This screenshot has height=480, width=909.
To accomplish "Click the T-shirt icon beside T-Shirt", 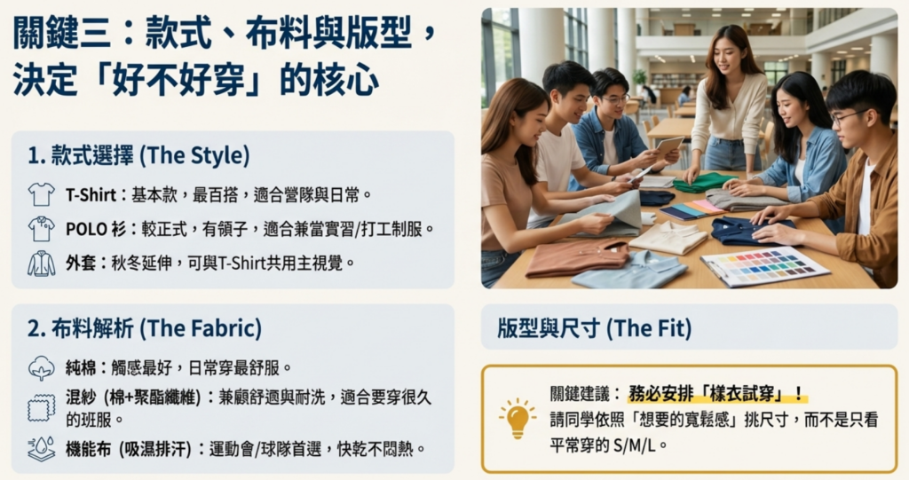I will (41, 193).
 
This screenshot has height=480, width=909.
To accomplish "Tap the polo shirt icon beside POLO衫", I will (41, 228).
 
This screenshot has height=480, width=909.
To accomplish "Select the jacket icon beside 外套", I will (41, 263).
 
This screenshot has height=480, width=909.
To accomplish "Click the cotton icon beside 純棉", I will (41, 366).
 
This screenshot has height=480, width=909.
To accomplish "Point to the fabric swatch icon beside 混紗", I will (41, 407).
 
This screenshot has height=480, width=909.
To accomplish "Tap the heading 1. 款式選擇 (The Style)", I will (138, 155).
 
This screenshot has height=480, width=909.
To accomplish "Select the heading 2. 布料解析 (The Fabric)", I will (145, 328).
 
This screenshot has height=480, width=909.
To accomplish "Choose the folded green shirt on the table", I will (703, 183).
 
